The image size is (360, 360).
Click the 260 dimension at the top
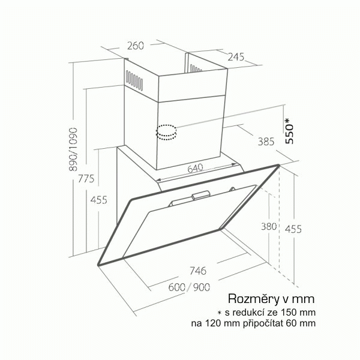[x=136, y=46]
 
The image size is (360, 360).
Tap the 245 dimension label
[x=236, y=57]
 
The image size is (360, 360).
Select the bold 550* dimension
[x=289, y=131]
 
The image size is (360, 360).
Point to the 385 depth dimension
[x=266, y=142]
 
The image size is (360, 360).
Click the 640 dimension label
[x=196, y=168]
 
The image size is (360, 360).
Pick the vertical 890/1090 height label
[x=73, y=149]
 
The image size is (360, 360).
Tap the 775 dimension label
[x=86, y=178]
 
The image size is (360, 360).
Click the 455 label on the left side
[x=99, y=200]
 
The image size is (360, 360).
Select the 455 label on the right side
[x=293, y=229]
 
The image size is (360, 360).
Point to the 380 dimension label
[x=269, y=227]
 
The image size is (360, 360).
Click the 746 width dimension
[x=198, y=271]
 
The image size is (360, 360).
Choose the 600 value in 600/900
[x=177, y=287]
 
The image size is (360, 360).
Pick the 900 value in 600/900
[x=202, y=287]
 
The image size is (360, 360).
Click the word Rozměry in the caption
[x=253, y=299]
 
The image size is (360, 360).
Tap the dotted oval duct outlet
[x=166, y=132]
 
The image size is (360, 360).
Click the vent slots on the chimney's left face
[x=134, y=80]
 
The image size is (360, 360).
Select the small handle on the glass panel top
[x=201, y=194]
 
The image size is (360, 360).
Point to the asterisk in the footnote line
[x=220, y=313]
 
